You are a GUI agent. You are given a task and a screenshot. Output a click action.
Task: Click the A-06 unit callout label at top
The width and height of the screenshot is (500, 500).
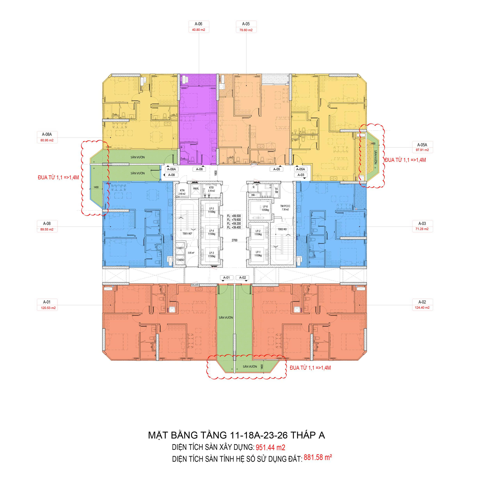198,24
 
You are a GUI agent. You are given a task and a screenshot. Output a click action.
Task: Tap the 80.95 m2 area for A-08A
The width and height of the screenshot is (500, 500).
47,140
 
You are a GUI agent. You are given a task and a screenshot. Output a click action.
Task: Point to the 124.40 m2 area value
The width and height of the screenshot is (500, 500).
422,308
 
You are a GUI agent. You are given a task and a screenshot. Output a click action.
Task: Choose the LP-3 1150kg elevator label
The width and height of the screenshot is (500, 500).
212,255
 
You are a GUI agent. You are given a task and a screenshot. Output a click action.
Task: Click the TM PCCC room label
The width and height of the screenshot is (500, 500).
285,206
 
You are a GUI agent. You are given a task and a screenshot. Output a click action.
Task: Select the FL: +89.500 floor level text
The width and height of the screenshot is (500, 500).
234,216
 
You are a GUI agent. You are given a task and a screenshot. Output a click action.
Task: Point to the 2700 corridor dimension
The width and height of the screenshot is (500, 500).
234,240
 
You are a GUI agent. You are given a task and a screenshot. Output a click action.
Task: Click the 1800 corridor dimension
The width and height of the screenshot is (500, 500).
216,173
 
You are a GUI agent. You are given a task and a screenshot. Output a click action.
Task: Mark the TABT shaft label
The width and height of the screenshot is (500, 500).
180,248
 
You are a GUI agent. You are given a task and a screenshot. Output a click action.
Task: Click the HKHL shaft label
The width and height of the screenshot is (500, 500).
196,188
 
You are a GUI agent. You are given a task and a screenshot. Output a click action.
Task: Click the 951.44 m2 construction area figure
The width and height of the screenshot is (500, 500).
271,447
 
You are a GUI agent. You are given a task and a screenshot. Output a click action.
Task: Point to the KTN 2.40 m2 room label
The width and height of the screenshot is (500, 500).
182,192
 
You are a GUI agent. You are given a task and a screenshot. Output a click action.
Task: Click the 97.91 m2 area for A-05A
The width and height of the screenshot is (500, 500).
422,150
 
